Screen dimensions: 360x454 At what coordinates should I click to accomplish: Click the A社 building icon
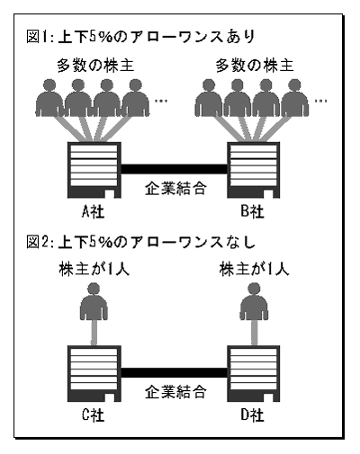pyautogui.click(x=94, y=170)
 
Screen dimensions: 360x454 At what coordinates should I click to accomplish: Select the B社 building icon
pyautogui.click(x=254, y=170)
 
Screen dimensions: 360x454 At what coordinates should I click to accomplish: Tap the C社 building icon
pyautogui.click(x=94, y=373)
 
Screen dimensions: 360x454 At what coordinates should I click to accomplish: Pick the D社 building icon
pyautogui.click(x=254, y=373)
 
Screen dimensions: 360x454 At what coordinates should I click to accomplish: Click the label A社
pyautogui.click(x=93, y=212)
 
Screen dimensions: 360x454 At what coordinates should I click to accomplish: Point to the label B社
pyautogui.click(x=252, y=211)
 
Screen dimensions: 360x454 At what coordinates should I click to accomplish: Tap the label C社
pyautogui.click(x=93, y=415)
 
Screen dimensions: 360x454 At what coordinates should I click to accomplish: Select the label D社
pyautogui.click(x=252, y=415)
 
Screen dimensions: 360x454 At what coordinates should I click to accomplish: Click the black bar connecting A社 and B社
pyautogui.click(x=174, y=169)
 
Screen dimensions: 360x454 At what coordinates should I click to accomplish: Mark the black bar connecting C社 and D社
pyautogui.click(x=174, y=372)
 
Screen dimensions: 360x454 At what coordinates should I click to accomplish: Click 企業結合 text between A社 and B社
pyautogui.click(x=175, y=189)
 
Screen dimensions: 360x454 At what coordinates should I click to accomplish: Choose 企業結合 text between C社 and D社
pyautogui.click(x=175, y=392)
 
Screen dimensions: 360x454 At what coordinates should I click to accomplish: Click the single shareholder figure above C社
pyautogui.click(x=94, y=302)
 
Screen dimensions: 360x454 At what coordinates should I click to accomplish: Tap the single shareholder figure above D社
pyautogui.click(x=254, y=302)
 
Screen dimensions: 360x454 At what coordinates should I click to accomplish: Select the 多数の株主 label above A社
pyautogui.click(x=95, y=66)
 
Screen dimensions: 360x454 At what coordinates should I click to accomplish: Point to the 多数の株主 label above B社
pyautogui.click(x=255, y=66)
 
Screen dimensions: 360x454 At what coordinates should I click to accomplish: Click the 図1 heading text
pyautogui.click(x=141, y=37)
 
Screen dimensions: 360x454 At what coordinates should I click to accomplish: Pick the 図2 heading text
pyautogui.click(x=141, y=242)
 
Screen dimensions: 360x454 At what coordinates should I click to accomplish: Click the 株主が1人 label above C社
pyautogui.click(x=94, y=269)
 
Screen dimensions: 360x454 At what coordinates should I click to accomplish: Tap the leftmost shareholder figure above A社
pyautogui.click(x=49, y=98)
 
